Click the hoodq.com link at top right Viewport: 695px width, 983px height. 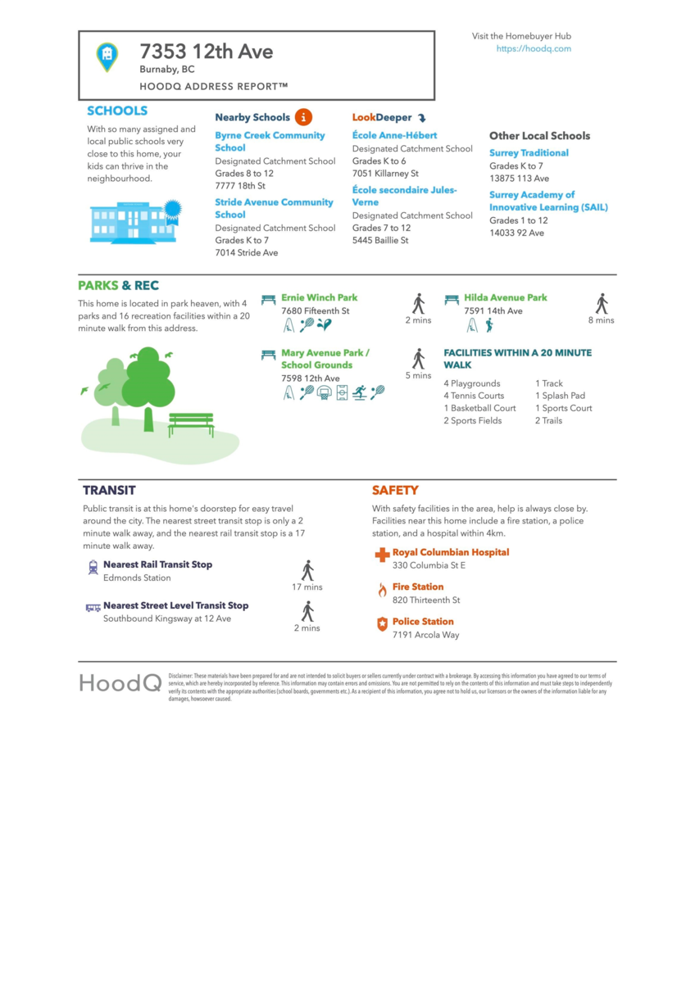point(534,49)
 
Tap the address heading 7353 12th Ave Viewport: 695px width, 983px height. point(206,52)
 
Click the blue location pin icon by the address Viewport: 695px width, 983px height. point(107,56)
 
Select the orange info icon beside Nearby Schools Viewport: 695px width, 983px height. point(303,117)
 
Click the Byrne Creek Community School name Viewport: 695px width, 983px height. point(270,142)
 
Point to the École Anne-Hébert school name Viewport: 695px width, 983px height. point(394,135)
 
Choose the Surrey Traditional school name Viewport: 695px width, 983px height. point(529,153)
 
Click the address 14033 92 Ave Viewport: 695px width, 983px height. point(516,233)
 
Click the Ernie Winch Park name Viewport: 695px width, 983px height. point(319,298)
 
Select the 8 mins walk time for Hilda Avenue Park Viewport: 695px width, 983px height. point(601,320)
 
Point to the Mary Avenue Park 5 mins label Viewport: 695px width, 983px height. point(418,376)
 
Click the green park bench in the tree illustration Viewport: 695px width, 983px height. point(191,424)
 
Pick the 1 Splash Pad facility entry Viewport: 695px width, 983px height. point(560,396)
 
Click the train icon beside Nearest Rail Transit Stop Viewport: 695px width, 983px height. point(93,567)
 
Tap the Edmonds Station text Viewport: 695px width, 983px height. point(137,578)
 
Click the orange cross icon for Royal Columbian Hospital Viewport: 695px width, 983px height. point(382,555)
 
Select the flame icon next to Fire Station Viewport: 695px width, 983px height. point(382,590)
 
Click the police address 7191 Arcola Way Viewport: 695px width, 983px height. point(425,635)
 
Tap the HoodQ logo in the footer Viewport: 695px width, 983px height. point(120,682)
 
